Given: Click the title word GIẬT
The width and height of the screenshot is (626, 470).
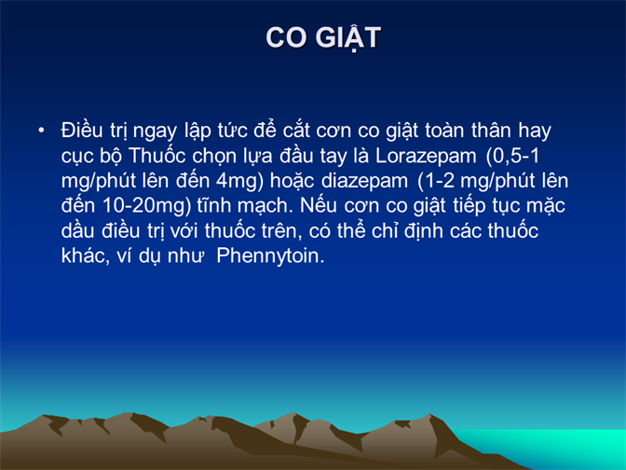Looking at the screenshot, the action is click(x=348, y=38).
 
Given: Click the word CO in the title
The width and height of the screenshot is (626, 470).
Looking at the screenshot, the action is click(x=287, y=37).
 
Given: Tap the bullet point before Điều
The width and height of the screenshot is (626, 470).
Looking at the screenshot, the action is click(x=41, y=131).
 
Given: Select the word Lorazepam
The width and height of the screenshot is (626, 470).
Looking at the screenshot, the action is click(x=426, y=156).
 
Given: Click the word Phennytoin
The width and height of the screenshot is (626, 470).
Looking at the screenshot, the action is click(x=270, y=256).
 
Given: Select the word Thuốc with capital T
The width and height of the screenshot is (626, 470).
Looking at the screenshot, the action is click(x=157, y=156).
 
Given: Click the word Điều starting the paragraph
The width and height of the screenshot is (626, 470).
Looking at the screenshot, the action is click(x=82, y=131).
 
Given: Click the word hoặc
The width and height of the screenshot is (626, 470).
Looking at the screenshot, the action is click(x=292, y=182).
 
